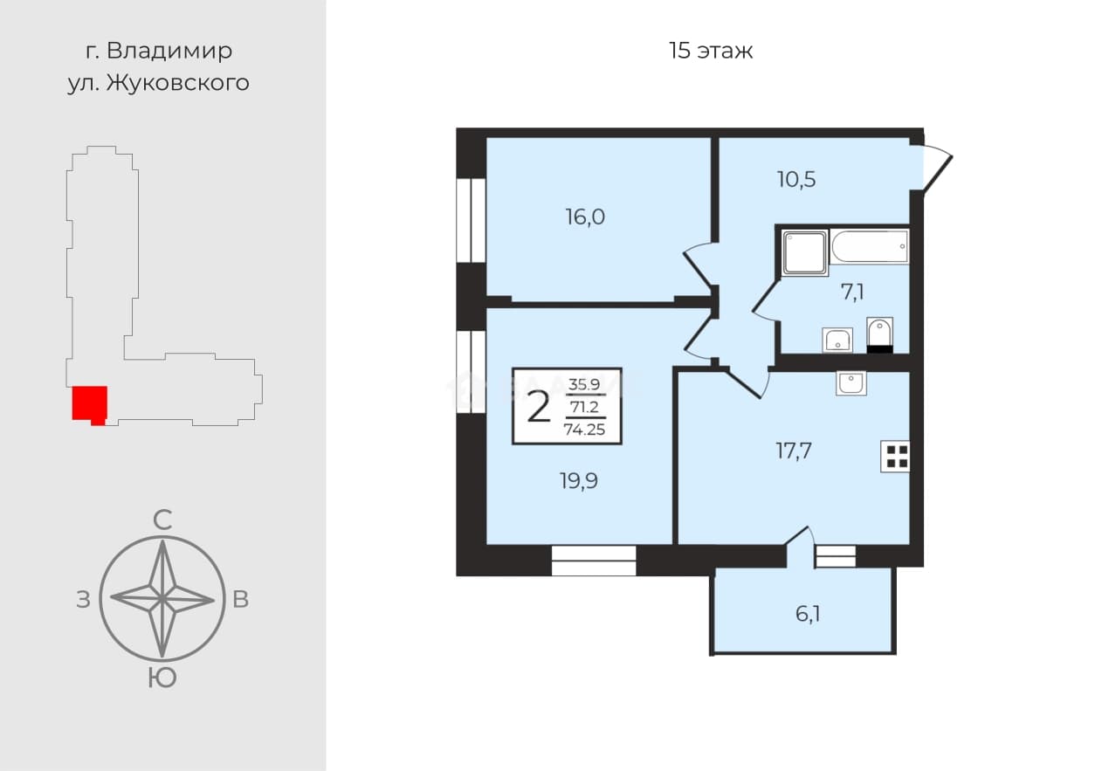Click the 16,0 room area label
[585, 217]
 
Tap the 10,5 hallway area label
[796, 179]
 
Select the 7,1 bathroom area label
[852, 293]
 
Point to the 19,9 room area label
[579, 480]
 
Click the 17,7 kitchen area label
[794, 451]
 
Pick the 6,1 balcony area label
[808, 614]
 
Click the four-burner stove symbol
[895, 456]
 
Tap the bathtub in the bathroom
[870, 247]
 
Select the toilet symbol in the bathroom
[880, 335]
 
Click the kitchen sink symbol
[851, 382]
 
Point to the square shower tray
[804, 252]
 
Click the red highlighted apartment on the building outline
[89, 405]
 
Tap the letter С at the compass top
[162, 520]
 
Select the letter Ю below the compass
[162, 678]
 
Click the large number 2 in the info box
[538, 408]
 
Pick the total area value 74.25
[585, 430]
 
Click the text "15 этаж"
[711, 51]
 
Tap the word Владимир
[169, 51]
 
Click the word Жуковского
[178, 83]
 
